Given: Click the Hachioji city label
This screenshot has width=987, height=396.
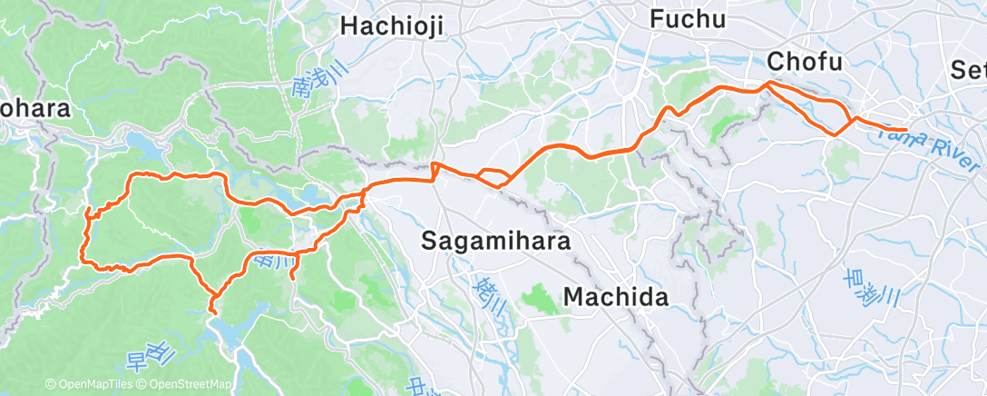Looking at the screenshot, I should tap(392, 26).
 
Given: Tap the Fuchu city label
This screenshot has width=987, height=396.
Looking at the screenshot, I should tap(689, 19).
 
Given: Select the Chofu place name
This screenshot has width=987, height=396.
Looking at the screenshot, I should tap(805, 62).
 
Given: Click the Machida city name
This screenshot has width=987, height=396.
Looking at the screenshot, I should tap(616, 297).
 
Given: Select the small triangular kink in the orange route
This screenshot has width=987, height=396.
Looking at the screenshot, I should tap(435, 170).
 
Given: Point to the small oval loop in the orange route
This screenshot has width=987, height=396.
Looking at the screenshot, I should tap(493, 176).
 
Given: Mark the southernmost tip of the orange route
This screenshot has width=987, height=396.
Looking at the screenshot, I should tap(212, 312).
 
